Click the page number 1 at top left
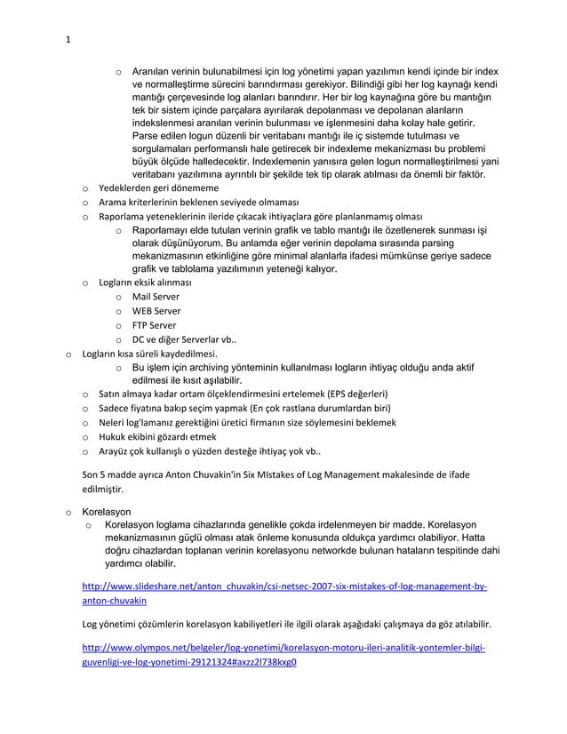pyautogui.click(x=68, y=37)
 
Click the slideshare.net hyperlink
pyautogui.click(x=283, y=588)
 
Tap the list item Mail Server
pyautogui.click(x=156, y=296)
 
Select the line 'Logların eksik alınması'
pyautogui.click(x=144, y=282)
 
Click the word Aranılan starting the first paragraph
pyautogui.click(x=153, y=71)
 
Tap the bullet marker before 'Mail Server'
pyautogui.click(x=116, y=297)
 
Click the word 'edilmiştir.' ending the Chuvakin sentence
pyautogui.click(x=104, y=488)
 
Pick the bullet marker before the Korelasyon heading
pyautogui.click(x=68, y=513)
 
